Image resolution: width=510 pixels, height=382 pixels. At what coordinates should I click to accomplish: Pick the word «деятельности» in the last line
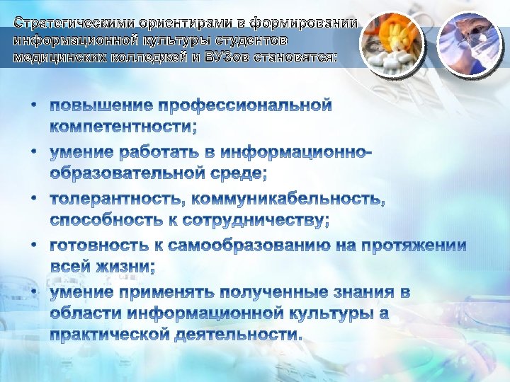[x=242, y=334]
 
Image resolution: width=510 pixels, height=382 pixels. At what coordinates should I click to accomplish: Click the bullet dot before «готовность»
[x=34, y=245]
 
